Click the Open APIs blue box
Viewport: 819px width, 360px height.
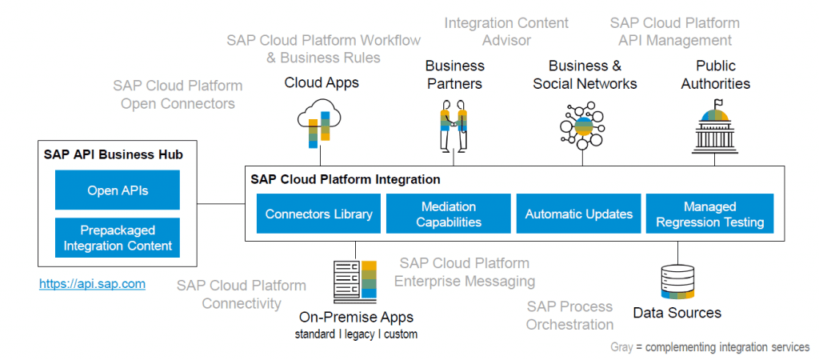point(118,190)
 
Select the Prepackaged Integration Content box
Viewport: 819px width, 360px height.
point(118,238)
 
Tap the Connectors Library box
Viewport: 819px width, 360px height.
point(318,214)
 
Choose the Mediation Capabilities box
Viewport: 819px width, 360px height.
point(449,214)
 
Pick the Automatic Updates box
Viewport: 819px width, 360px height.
point(578,214)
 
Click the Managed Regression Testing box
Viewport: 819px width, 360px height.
point(709,214)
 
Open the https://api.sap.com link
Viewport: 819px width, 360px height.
point(93,283)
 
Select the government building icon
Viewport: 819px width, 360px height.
point(715,126)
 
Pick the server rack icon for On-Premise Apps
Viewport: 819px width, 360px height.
point(354,282)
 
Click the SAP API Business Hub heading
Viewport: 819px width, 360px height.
point(114,154)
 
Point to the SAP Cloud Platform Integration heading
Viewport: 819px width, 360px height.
point(346,179)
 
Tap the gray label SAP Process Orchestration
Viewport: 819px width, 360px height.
point(569,315)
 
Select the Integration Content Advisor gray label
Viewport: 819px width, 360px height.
point(506,31)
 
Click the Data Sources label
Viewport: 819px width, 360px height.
point(677,313)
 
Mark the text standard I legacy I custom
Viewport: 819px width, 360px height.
point(356,334)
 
